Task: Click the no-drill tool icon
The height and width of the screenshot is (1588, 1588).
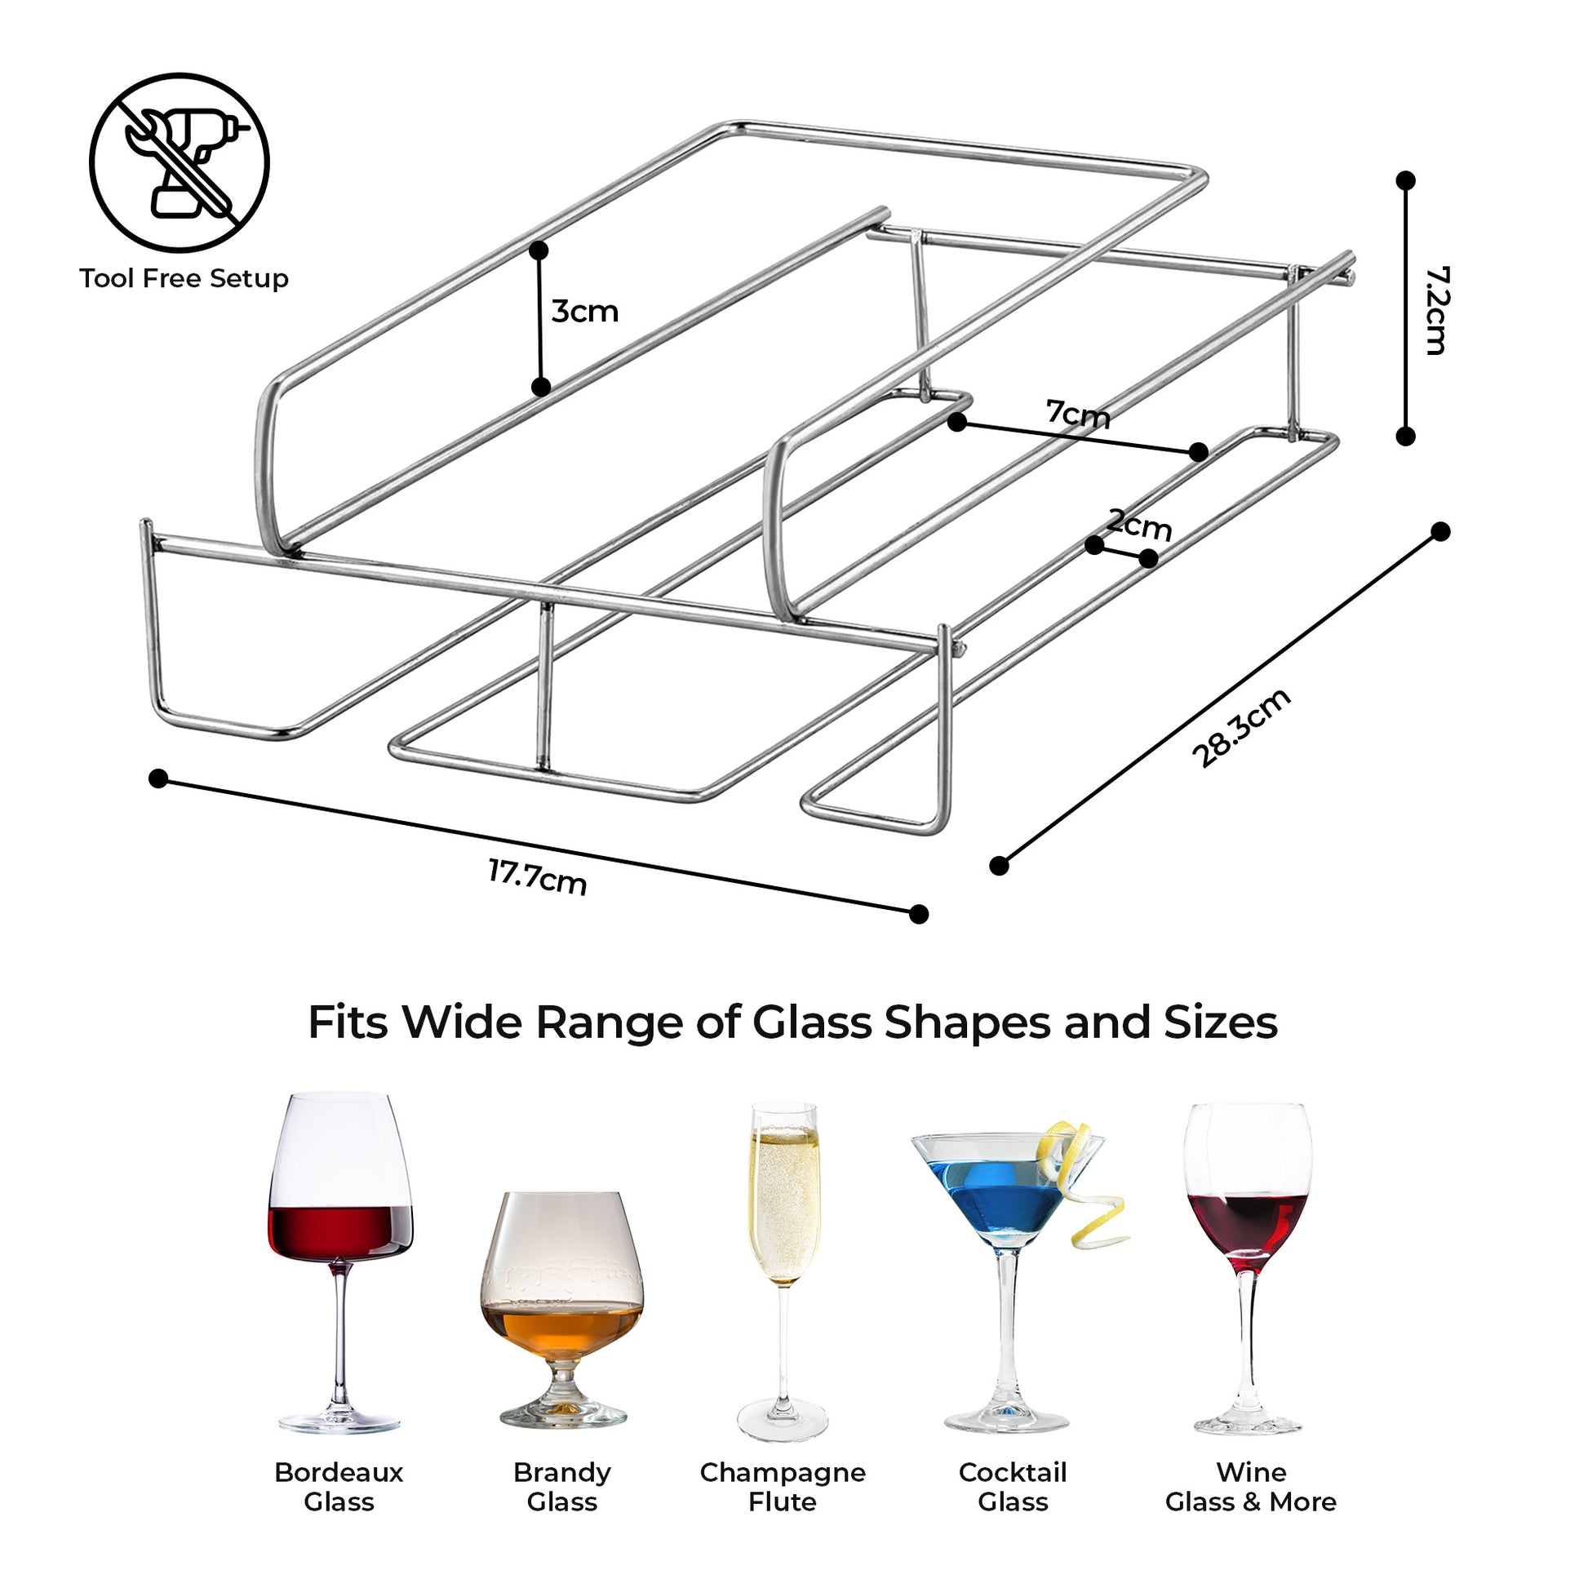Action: pyautogui.click(x=180, y=162)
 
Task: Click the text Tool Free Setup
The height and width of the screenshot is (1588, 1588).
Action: pyautogui.click(x=184, y=278)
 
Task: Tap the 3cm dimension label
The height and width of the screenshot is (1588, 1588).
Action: pyautogui.click(x=584, y=312)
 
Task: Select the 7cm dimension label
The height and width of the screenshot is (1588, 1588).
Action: pyautogui.click(x=1077, y=414)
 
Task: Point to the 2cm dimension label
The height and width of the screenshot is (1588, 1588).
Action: pyautogui.click(x=1138, y=524)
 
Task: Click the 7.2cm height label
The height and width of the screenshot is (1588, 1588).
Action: pyautogui.click(x=1436, y=310)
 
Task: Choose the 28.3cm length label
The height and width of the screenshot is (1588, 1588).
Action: pyautogui.click(x=1240, y=728)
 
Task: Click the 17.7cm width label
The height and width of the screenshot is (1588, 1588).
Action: pyautogui.click(x=538, y=877)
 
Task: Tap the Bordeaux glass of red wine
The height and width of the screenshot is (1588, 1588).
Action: pyautogui.click(x=339, y=1262)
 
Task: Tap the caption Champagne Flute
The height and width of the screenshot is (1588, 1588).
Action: pyautogui.click(x=783, y=1487)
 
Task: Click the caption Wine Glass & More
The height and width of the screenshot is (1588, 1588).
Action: pyautogui.click(x=1250, y=1487)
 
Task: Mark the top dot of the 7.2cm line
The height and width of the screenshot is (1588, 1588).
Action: pyautogui.click(x=1405, y=180)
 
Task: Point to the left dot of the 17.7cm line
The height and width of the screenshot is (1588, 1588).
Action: pyautogui.click(x=158, y=778)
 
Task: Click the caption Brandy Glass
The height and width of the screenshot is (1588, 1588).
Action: pyautogui.click(x=562, y=1487)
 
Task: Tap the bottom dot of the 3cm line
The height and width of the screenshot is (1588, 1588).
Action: pyautogui.click(x=540, y=386)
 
